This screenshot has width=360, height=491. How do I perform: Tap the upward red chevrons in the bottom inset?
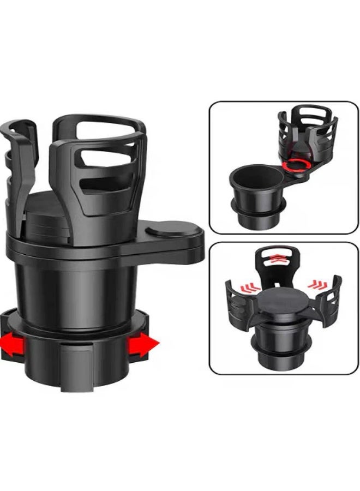(x=278, y=258)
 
